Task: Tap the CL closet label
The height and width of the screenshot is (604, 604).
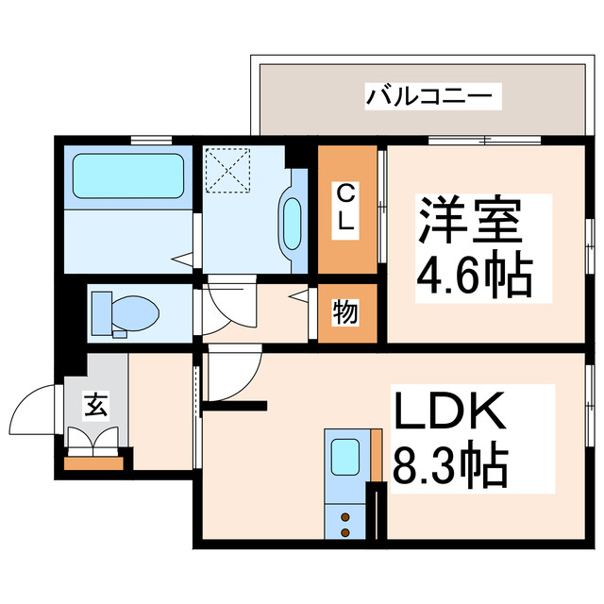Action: point(347,208)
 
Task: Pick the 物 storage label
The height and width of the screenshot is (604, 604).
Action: point(345,311)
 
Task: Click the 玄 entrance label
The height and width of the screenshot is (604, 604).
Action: point(94,407)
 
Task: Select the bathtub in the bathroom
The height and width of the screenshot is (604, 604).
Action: point(126,174)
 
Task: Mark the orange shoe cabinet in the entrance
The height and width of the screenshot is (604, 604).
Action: point(93,462)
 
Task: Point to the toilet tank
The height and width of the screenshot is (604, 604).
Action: point(101,310)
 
